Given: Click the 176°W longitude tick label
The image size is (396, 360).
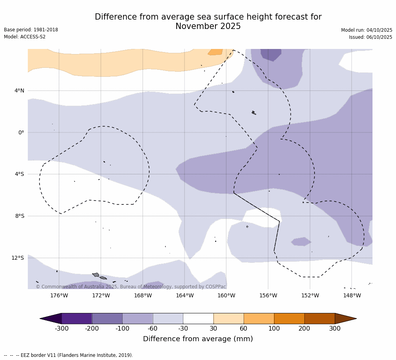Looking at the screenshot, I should pos(59,295).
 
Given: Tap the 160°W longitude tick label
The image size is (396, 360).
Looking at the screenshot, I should pos(226,295).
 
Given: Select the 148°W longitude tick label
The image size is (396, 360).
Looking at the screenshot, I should pos(352,295).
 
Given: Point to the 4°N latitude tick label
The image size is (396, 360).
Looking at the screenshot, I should pos(19,90).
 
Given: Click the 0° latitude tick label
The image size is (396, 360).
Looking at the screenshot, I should pos(21,132).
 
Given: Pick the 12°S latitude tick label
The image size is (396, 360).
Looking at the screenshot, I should pos(18,258).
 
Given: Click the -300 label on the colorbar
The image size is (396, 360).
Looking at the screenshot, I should pos(61,329).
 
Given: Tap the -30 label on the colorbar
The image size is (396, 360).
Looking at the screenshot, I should pos(183,329).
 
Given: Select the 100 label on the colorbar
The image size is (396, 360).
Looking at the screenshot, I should pos(274,329).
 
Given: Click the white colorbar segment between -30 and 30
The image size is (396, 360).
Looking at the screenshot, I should pos(198,318).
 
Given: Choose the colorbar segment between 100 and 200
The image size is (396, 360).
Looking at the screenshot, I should pos(289,318).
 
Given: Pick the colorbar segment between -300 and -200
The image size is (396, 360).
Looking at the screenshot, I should pos(77,318).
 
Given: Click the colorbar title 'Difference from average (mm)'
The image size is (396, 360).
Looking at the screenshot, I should pos(198,339).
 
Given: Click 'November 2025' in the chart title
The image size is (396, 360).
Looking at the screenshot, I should pos(208,27).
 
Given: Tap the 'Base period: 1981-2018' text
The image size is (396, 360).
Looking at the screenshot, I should pos(31,30).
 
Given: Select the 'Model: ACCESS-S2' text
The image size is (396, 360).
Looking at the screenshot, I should pos(25,37).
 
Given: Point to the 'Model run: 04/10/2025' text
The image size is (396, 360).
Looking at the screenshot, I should pos(367,30).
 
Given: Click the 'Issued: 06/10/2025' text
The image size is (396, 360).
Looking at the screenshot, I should pos(371,37).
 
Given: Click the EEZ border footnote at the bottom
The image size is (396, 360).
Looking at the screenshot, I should pos(69,355).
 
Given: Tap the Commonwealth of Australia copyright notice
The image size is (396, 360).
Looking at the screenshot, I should pos(131,287).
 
